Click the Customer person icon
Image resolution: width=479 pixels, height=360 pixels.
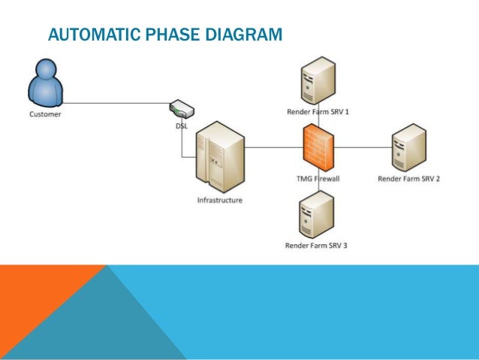pos(44,83)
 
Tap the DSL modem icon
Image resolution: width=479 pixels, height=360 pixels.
pos(181,109)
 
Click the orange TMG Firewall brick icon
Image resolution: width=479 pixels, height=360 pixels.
pos(318,148)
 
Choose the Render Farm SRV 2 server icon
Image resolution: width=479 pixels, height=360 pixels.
pos(409,148)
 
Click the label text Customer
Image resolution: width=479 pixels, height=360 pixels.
pos(45,115)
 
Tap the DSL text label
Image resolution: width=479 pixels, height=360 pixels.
pos(182,126)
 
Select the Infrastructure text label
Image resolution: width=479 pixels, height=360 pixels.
pos(219,201)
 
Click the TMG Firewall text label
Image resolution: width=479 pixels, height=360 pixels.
pos(318,180)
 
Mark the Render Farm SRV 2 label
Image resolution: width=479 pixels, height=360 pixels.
pos(408,179)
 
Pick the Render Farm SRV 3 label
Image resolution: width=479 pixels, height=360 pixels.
pos(316,245)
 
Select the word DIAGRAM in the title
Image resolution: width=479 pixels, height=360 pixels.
pos(245,35)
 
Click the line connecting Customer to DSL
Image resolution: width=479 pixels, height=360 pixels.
pos(113,103)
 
